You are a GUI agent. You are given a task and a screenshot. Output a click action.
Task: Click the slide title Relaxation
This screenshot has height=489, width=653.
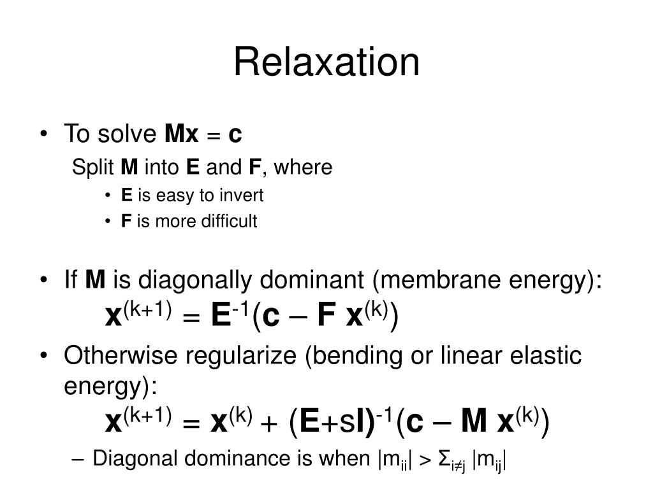(x=326, y=62)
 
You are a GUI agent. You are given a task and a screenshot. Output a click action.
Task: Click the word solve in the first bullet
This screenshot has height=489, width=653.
(x=127, y=134)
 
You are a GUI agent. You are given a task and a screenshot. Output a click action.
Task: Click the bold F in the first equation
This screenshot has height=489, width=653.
(x=326, y=316)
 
